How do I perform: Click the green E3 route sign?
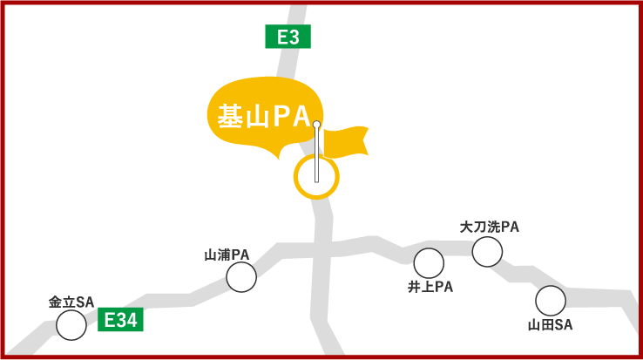(288, 37)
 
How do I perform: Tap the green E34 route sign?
(120, 320)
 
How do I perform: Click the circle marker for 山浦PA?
(241, 277)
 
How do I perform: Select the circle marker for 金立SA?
(71, 325)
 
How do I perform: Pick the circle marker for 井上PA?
(429, 263)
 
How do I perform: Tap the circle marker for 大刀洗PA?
(487, 252)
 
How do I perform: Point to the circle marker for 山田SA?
(551, 301)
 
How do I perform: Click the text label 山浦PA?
(227, 255)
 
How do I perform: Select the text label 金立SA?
(71, 302)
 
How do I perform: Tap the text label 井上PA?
(430, 287)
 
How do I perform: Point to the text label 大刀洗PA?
(490, 228)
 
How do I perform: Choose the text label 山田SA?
(551, 325)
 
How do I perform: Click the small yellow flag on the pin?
(346, 142)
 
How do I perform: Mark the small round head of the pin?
(316, 125)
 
